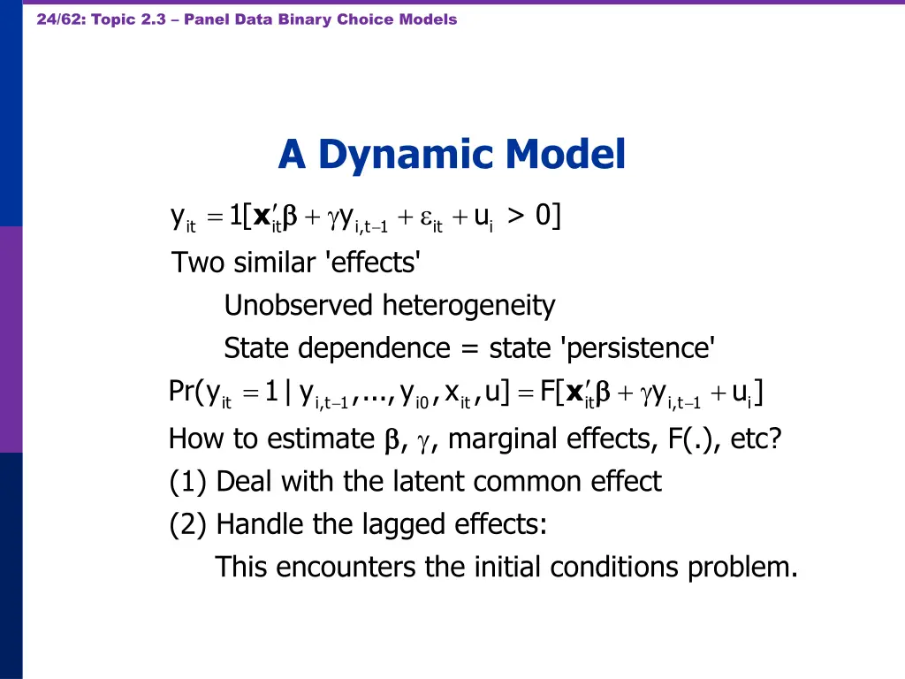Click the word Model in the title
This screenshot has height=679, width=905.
click(x=566, y=155)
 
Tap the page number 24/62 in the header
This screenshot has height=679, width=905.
click(x=56, y=19)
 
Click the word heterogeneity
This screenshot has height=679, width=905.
click(x=468, y=306)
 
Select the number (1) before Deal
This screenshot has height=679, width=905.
click(x=188, y=482)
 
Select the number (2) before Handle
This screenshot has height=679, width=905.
click(x=188, y=525)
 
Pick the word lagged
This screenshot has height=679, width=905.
click(x=405, y=525)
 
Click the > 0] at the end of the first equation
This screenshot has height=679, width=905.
click(x=534, y=216)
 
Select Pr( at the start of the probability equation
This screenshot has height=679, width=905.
click(x=186, y=392)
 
